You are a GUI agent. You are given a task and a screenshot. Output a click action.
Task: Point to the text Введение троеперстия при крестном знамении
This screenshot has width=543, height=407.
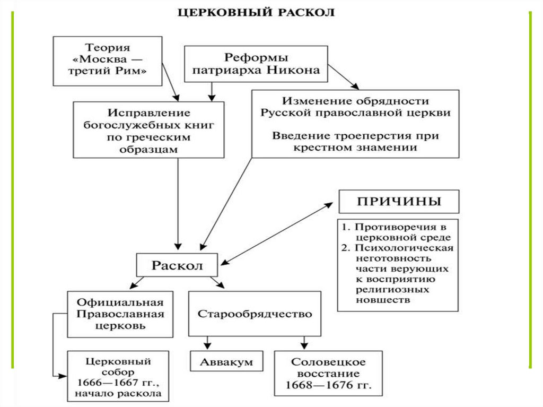(x=355, y=141)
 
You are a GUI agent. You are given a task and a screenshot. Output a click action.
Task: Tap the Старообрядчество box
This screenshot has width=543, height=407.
(x=255, y=314)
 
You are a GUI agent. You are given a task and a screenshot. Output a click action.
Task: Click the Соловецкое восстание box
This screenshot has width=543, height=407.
(x=328, y=373)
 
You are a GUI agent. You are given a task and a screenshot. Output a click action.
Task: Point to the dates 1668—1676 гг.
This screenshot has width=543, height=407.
(x=328, y=385)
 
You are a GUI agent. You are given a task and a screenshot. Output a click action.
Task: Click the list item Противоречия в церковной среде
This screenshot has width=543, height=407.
(x=397, y=232)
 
